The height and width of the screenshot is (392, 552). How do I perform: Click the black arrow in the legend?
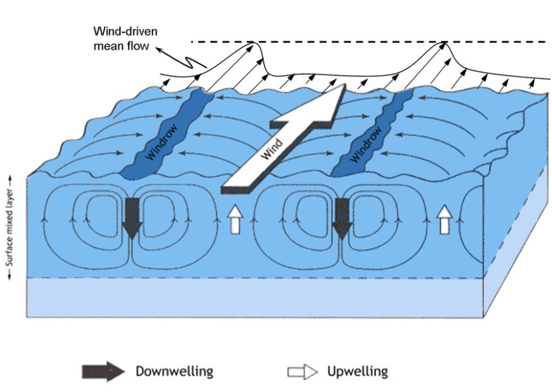102,371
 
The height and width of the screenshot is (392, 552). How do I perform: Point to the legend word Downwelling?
174,371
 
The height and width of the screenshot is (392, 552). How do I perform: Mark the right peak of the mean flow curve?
443,43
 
